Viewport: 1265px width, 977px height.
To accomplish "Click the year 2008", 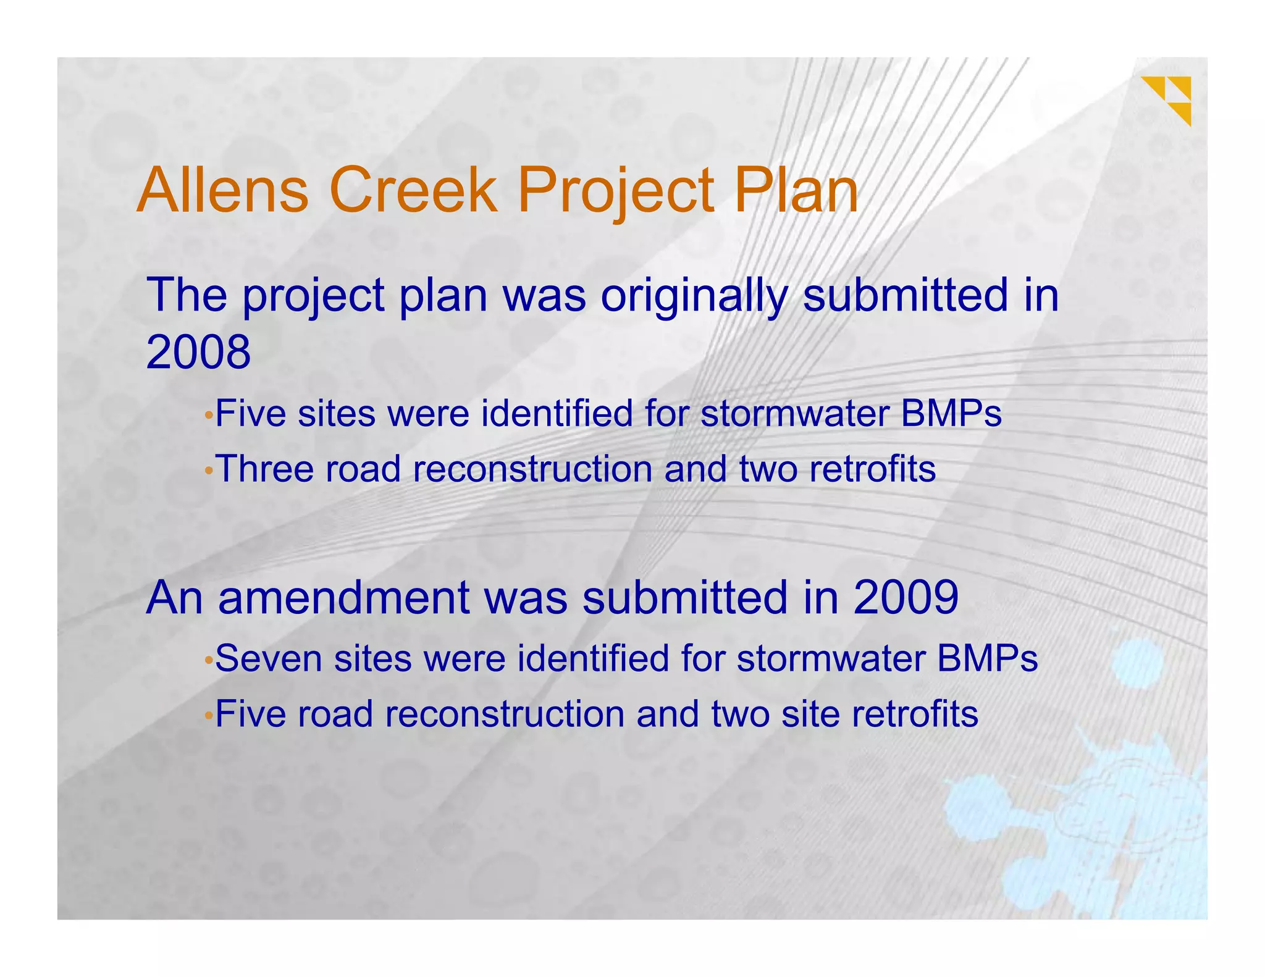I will coord(198,352).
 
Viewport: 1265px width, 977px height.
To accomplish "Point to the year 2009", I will coord(906,597).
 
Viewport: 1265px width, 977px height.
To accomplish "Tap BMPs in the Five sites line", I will coord(951,413).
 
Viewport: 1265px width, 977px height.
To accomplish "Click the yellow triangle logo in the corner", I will coord(1167,99).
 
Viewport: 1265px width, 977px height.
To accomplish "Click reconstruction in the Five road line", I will coord(505,714).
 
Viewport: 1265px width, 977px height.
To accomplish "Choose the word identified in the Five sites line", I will coord(557,413).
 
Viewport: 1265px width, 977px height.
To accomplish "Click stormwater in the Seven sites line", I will coord(831,658).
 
